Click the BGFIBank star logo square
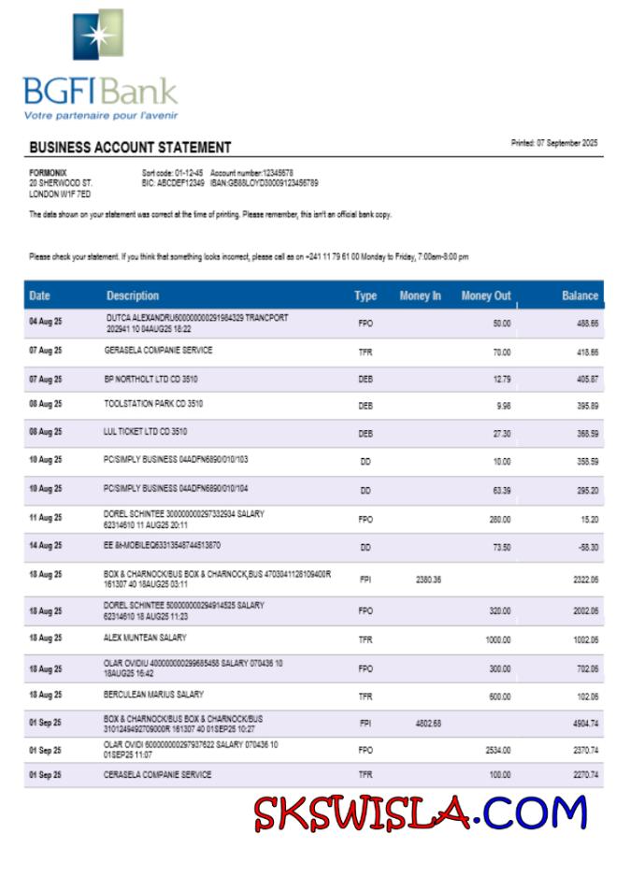[98, 35]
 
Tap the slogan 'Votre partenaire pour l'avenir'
[101, 116]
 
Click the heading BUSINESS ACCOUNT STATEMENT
[130, 148]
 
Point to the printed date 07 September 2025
[554, 143]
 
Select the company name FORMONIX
[48, 173]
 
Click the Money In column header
[420, 295]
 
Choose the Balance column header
[580, 295]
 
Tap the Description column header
[133, 295]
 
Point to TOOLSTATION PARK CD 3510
[153, 404]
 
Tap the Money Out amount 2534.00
[498, 750]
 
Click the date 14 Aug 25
[45, 546]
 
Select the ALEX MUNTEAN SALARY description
[145, 638]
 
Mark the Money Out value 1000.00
[497, 639]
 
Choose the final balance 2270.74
[585, 775]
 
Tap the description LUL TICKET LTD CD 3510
[145, 432]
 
